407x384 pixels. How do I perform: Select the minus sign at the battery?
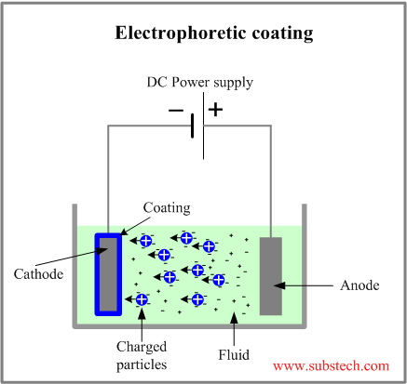[x=176, y=110]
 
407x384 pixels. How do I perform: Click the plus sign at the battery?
[x=216, y=109]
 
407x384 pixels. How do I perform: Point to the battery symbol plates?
[x=197, y=124]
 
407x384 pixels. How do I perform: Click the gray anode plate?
[x=270, y=275]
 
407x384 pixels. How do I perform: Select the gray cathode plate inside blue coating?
[x=108, y=273]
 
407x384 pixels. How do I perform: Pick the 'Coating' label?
[x=167, y=206]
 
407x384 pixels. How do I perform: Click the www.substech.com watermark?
[x=331, y=366]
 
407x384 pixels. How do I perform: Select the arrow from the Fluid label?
[x=232, y=326]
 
